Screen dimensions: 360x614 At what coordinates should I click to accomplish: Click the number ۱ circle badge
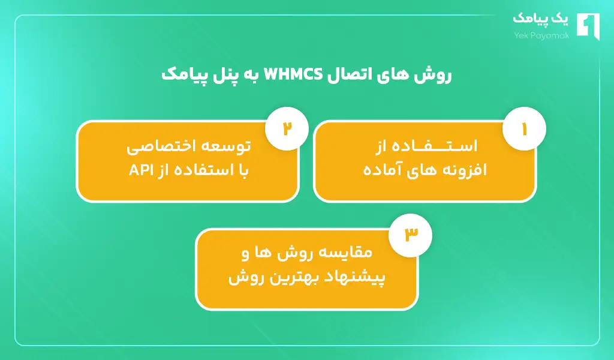[523, 129]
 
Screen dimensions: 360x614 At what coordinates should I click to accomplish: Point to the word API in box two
[139, 170]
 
